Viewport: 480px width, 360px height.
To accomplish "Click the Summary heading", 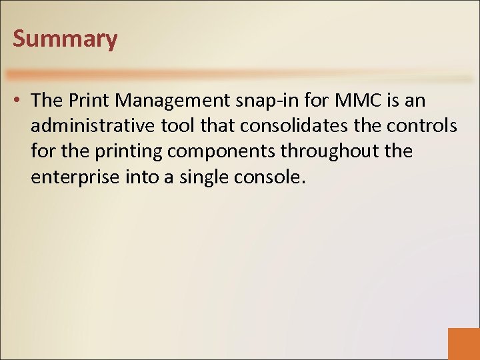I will click(x=65, y=39).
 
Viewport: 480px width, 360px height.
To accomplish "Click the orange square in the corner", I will click(x=464, y=344).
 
